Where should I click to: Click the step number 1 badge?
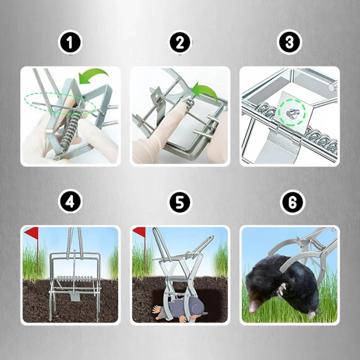[70, 42]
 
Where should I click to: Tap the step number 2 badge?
[180, 42]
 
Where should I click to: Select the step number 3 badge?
[289, 42]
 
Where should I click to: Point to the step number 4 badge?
[70, 201]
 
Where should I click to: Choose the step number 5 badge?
[180, 202]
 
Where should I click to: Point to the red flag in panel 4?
[32, 232]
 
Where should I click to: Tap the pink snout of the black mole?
[253, 306]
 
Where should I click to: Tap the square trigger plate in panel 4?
[75, 297]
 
